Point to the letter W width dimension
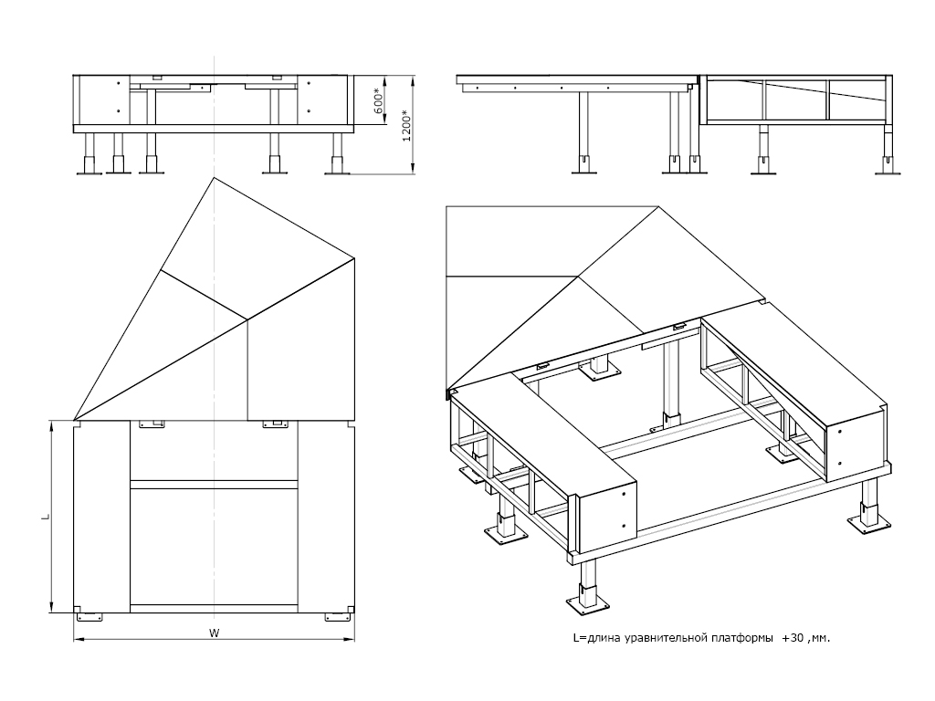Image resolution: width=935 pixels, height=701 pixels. [213, 632]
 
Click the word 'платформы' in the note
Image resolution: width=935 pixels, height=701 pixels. [738, 639]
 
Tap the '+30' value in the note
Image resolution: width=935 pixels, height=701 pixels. [793, 639]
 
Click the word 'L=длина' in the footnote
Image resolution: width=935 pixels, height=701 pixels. [594, 639]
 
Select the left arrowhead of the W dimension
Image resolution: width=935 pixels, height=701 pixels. [78, 640]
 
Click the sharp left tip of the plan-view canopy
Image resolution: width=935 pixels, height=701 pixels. [75, 419]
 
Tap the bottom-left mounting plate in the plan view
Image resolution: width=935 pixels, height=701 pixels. [89, 616]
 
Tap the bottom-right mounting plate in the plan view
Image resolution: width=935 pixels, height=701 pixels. [338, 616]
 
